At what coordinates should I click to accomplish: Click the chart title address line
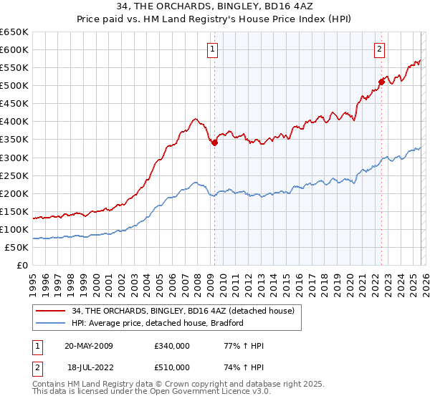tap(214, 6)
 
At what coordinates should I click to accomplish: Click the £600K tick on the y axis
tap(14, 50)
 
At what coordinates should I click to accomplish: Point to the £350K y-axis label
tap(14, 140)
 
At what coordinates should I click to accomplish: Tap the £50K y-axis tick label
tap(16, 247)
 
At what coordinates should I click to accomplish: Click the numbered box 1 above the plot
tap(214, 49)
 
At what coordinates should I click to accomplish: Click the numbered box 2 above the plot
tap(379, 49)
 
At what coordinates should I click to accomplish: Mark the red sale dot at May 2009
tap(214, 142)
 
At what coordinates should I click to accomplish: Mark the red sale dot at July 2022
tap(381, 82)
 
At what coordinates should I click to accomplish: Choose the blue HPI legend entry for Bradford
tap(158, 323)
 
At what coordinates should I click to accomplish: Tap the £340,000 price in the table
tap(172, 346)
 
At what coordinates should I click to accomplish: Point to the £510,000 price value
tap(172, 367)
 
